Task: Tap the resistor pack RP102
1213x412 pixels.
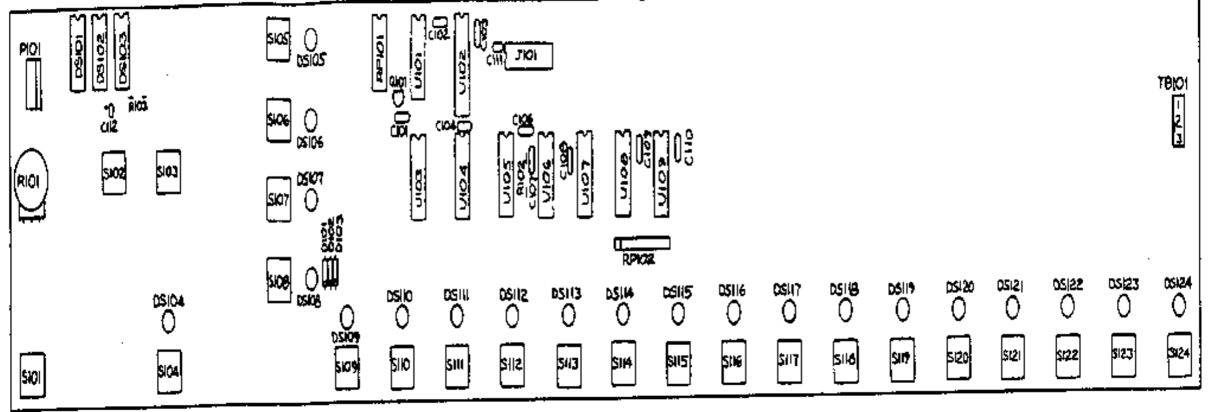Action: pos(642,243)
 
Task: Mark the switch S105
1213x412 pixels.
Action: pos(278,40)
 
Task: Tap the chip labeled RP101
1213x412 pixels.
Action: pos(380,53)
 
